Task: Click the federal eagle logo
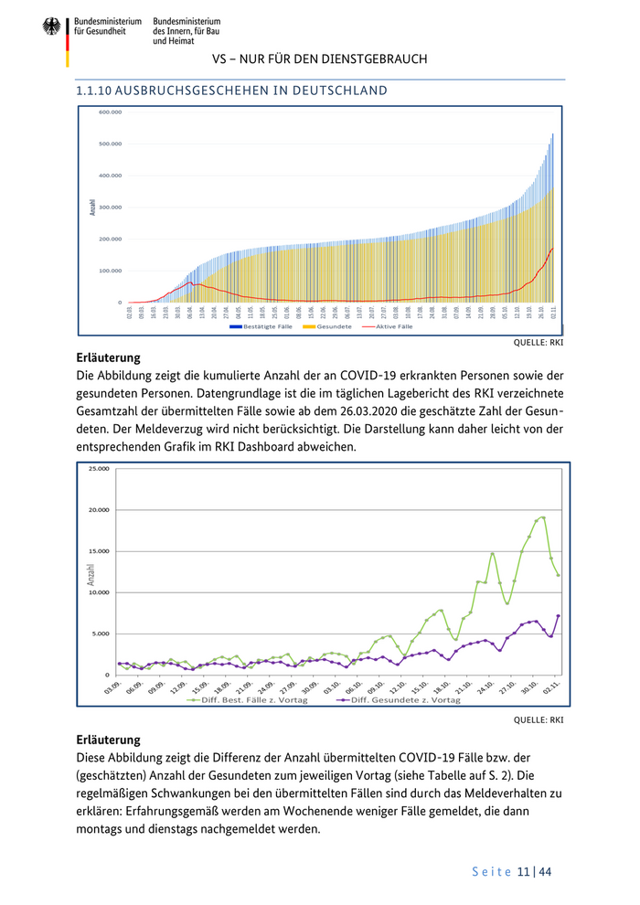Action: [50, 27]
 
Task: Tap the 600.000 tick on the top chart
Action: [110, 112]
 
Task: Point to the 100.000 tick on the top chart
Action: [110, 271]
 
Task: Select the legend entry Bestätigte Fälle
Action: [261, 326]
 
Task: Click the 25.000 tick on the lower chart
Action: [98, 469]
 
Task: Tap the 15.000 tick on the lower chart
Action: [98, 551]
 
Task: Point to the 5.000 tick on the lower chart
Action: [100, 633]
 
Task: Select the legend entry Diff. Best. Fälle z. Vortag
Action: [247, 700]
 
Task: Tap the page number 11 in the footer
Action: [523, 872]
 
